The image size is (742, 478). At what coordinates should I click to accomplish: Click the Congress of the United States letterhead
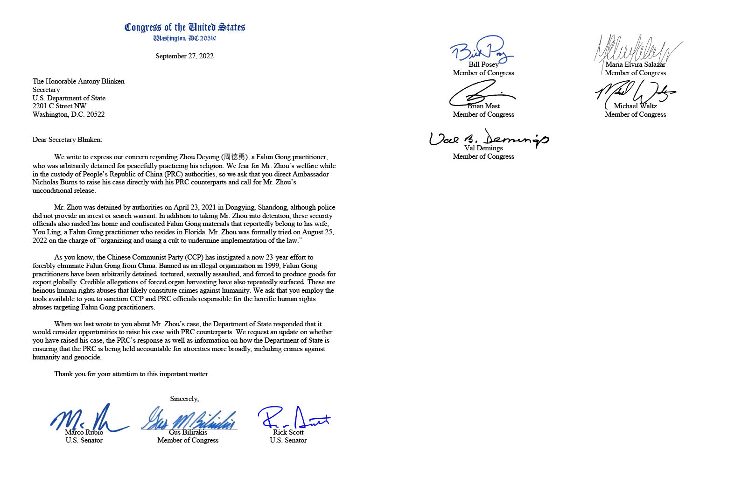185,28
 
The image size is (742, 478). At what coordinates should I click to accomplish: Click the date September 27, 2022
184,56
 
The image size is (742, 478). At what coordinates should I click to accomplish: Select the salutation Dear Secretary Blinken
67,140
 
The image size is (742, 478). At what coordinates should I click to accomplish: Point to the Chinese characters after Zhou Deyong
235,157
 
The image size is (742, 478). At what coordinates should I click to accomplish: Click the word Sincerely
184,399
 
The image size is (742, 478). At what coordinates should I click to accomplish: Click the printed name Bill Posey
483,64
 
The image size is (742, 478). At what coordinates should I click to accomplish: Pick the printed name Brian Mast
483,106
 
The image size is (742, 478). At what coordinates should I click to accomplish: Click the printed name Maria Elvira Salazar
635,64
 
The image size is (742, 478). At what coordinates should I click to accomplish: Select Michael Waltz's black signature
635,92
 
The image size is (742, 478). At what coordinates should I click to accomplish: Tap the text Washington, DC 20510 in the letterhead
185,38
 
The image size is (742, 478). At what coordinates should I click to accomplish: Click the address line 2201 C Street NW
59,106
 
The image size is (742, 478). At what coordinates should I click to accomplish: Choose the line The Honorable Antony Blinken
78,81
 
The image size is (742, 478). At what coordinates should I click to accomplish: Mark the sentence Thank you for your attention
132,374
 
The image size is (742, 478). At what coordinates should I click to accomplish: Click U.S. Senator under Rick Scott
288,440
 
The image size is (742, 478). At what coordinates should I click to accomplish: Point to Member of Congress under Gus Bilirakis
188,440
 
